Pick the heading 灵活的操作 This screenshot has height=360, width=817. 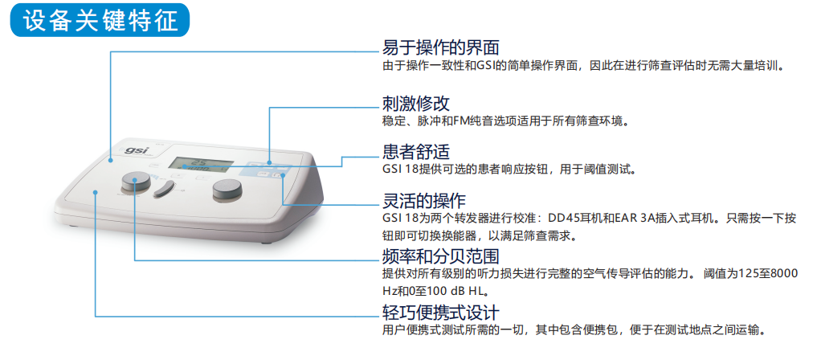[424, 200]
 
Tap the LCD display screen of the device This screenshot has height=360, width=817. [200, 164]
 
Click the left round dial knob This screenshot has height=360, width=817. [136, 183]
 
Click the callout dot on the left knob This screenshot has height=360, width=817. [135, 180]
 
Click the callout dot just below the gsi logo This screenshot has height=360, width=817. [111, 161]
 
